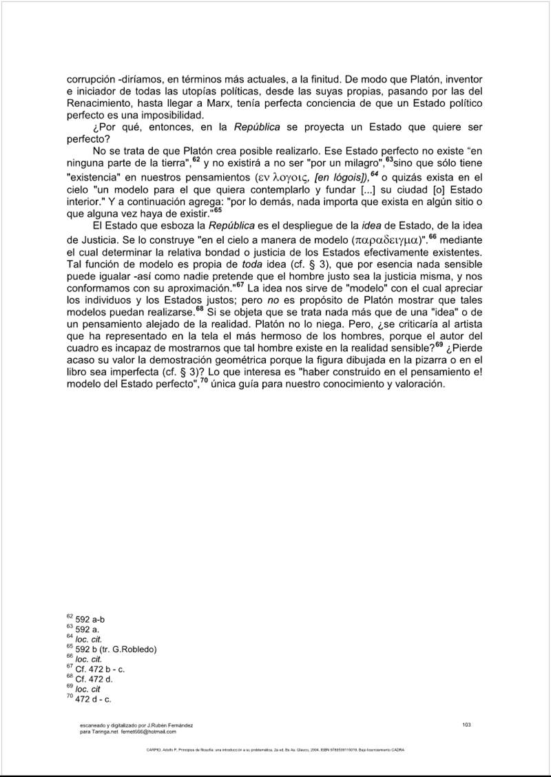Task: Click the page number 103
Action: (x=466, y=724)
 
